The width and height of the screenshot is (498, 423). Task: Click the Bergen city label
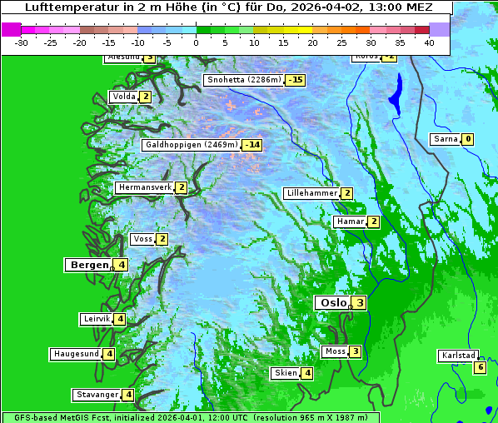tap(89, 265)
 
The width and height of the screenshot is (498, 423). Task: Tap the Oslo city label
tap(332, 303)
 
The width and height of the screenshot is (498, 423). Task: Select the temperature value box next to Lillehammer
tap(346, 193)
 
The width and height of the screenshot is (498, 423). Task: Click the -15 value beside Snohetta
tap(295, 81)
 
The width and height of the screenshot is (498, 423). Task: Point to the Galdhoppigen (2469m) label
tap(192, 145)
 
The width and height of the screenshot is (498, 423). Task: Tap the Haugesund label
tap(76, 354)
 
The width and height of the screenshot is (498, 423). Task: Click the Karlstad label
tap(457, 356)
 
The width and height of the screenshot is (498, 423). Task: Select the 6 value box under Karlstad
tap(480, 367)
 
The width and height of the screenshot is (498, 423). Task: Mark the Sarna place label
tap(446, 139)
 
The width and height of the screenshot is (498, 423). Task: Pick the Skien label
tap(286, 373)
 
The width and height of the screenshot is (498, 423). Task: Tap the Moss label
tap(335, 351)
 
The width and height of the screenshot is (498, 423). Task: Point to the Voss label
tap(142, 239)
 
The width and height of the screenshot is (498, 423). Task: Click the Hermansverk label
tap(144, 187)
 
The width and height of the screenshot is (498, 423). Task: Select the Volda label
tap(123, 97)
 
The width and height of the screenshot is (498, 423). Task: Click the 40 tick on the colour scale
tap(428, 42)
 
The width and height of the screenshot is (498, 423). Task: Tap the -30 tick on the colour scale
tap(22, 42)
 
